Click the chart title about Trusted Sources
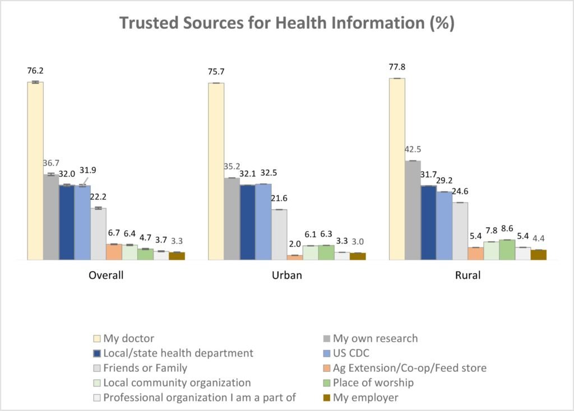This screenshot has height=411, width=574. coord(286,24)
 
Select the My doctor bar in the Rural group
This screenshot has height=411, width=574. coord(397,169)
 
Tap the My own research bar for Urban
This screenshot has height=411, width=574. coord(232,219)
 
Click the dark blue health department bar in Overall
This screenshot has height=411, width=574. coord(67,222)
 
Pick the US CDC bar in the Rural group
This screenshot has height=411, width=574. coord(444,225)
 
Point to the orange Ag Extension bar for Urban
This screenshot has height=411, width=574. coord(295,257)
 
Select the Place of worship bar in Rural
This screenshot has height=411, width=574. coord(507,250)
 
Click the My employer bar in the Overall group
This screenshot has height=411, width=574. coord(177,256)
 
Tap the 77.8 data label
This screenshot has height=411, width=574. coord(397,67)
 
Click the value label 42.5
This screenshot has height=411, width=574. coord(413,150)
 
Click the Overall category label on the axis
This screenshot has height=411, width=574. coord(106,276)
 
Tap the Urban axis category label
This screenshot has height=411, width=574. coord(286,276)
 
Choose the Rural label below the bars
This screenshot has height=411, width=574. coord(467,276)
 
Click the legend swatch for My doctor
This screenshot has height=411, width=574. coord(96,339)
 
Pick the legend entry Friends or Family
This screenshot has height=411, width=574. coord(145,368)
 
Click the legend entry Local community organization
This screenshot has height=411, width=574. coord(177,383)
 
